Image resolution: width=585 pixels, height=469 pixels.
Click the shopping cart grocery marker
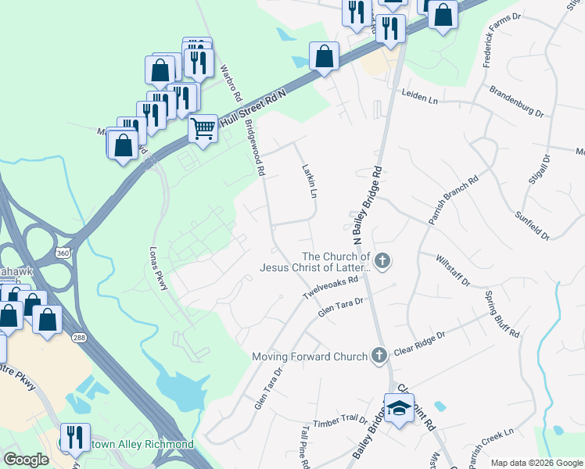point(203,127)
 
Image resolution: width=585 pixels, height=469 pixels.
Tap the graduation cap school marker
point(399,409)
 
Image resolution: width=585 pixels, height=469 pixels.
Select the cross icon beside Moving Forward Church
point(379,356)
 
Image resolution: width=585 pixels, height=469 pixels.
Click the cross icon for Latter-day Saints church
point(382,261)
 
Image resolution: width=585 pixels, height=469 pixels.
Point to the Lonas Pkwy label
point(158,270)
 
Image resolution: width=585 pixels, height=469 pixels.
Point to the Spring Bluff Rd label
point(501,313)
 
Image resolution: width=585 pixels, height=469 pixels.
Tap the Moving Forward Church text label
point(310,356)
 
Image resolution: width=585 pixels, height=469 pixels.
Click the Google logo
point(27,460)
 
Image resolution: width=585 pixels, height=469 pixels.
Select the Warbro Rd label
point(229,82)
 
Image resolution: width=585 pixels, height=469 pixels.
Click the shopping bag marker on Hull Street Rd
point(324,56)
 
